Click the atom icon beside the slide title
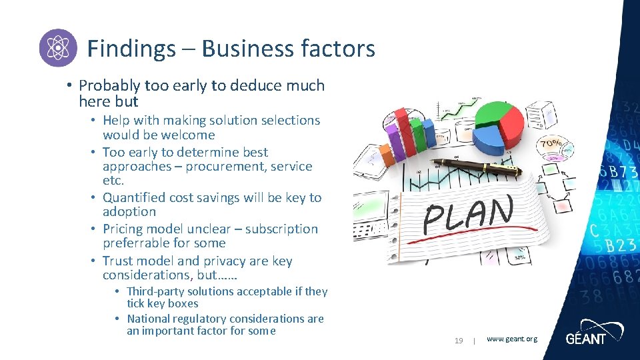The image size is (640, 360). (58, 48)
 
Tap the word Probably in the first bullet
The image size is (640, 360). (109, 85)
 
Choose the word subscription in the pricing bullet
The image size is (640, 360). (281, 229)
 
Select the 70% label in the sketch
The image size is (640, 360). (551, 143)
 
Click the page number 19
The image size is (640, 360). (459, 341)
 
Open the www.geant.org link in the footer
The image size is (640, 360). (511, 339)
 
